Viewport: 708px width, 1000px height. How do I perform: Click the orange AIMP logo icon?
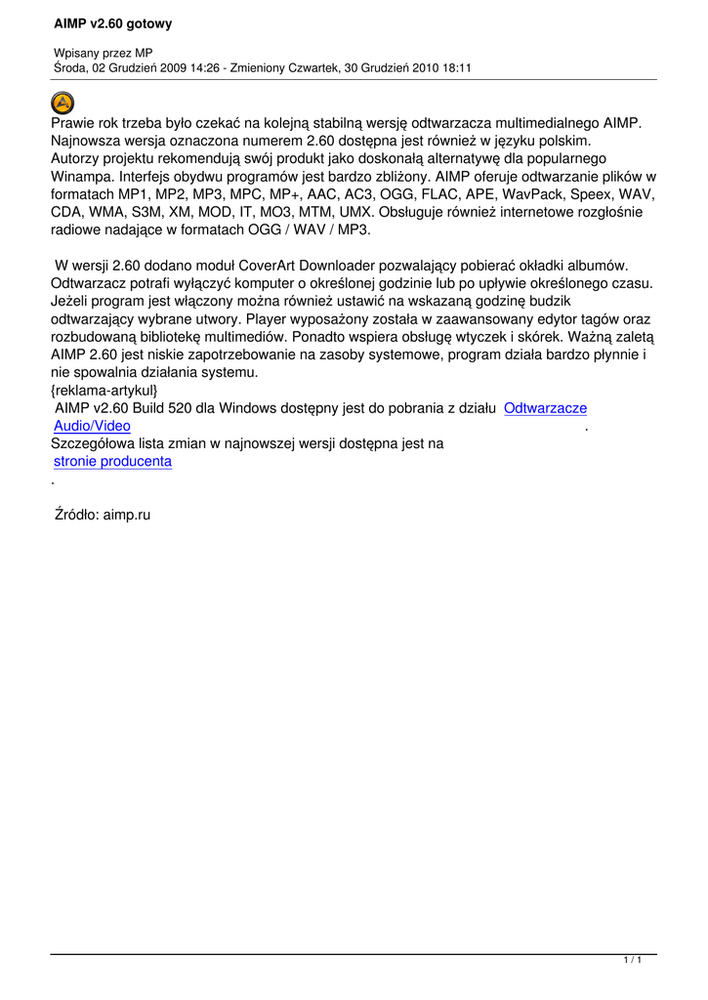[62, 102]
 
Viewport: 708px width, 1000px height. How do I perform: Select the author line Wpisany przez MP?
[103, 52]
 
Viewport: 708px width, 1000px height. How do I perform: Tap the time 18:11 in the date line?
[453, 67]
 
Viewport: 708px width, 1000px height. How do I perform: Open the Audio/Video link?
[92, 426]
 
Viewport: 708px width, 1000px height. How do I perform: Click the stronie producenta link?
[112, 461]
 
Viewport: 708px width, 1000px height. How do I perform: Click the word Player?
[268, 318]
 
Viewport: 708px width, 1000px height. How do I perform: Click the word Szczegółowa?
[92, 443]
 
